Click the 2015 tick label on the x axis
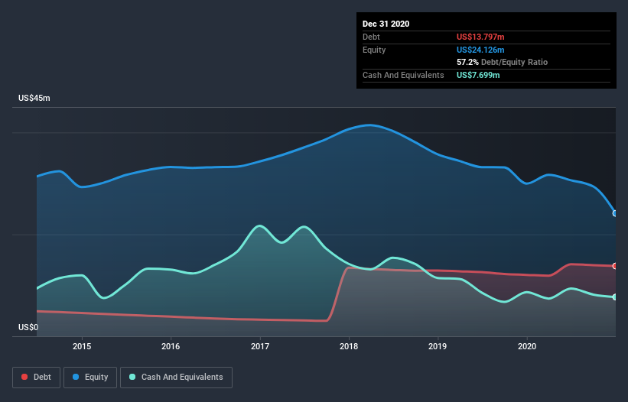point(82,346)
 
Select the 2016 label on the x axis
point(171,346)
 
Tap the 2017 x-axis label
point(260,346)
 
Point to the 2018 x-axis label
point(349,346)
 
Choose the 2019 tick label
point(438,346)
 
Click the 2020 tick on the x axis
point(527,346)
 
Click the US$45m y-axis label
point(34,99)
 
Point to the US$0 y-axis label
point(28,327)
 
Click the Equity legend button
point(91,377)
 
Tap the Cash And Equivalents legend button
point(176,377)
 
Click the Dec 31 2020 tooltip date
point(386,24)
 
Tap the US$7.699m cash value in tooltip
point(479,75)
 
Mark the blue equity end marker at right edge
point(615,213)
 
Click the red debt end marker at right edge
point(615,266)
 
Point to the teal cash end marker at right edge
point(615,297)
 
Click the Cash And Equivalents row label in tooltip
point(403,75)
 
